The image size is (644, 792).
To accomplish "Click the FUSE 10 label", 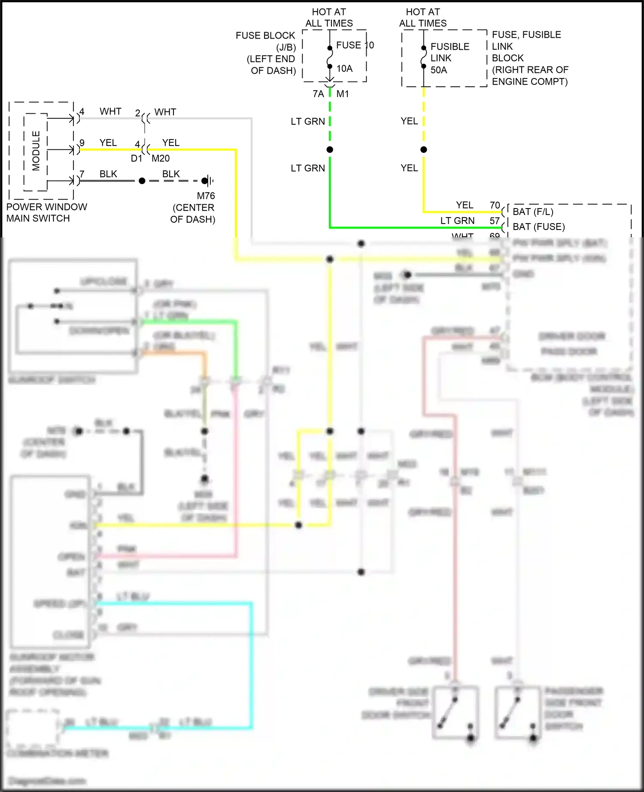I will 355,45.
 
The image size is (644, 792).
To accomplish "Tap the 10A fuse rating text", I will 344,69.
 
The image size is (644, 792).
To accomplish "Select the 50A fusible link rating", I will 439,70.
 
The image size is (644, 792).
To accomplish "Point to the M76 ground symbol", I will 208,181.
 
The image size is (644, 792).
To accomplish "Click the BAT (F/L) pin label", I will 533,212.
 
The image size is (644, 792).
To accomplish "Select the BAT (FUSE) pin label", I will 538,227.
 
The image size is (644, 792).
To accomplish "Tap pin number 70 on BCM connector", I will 495,205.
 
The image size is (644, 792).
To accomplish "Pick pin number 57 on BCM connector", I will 495,221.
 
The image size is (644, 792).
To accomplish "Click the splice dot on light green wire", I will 330,150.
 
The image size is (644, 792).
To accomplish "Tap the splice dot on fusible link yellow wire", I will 424,150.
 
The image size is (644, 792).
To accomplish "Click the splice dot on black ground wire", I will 142,181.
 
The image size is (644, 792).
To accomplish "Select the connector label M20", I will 161,158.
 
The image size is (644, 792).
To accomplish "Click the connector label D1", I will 136,158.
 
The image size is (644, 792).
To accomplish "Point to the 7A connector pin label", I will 318,94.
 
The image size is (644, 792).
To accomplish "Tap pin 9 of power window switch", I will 82,143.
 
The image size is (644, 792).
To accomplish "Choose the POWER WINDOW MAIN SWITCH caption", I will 46,212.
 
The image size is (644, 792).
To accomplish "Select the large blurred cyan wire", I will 251,665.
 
